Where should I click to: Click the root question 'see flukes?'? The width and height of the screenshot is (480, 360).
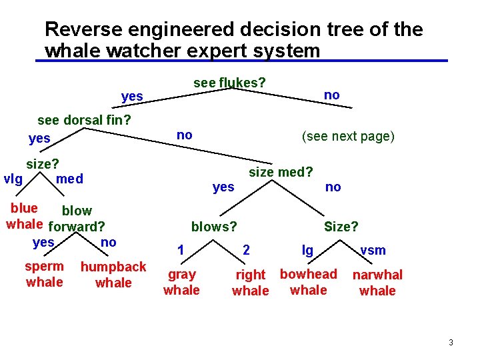pyautogui.click(x=229, y=83)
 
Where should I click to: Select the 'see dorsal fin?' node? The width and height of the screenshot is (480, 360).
pyautogui.click(x=84, y=121)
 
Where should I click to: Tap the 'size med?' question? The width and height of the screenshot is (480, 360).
pyautogui.click(x=281, y=173)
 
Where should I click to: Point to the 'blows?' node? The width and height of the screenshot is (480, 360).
pyautogui.click(x=214, y=227)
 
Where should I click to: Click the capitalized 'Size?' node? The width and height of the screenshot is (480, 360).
pyautogui.click(x=341, y=227)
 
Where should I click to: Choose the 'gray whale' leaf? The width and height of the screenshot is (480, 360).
pyautogui.click(x=181, y=282)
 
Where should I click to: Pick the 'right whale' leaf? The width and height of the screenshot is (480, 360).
pyautogui.click(x=251, y=283)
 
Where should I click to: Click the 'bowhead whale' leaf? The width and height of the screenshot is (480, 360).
pyautogui.click(x=309, y=282)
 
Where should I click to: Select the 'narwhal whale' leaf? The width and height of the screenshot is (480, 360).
pyautogui.click(x=377, y=283)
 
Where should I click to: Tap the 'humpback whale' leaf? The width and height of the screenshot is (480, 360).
pyautogui.click(x=113, y=275)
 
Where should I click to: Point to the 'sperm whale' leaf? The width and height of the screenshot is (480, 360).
pyautogui.click(x=45, y=274)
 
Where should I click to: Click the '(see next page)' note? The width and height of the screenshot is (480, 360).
pyautogui.click(x=348, y=137)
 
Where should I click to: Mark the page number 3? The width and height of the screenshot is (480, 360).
pyautogui.click(x=451, y=343)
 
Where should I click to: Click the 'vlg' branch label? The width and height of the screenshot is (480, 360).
pyautogui.click(x=13, y=179)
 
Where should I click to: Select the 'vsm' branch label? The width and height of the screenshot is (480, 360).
pyautogui.click(x=373, y=250)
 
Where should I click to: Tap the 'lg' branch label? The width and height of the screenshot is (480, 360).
pyautogui.click(x=307, y=251)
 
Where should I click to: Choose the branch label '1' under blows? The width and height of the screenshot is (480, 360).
pyautogui.click(x=181, y=251)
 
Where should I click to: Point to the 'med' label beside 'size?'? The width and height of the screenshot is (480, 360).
pyautogui.click(x=70, y=179)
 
